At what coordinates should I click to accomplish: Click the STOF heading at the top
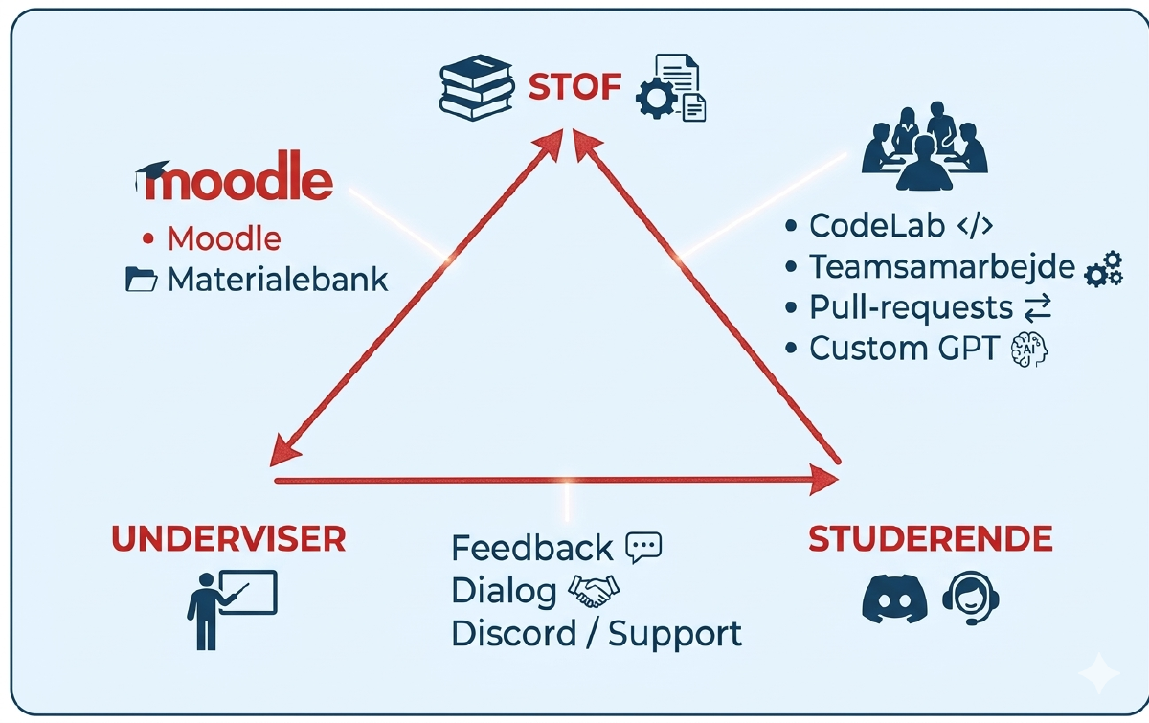(574, 88)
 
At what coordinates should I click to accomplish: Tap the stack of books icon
(475, 88)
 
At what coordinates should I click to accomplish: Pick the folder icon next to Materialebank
(142, 280)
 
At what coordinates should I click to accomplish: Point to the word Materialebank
(278, 280)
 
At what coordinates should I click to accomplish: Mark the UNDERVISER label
(228, 539)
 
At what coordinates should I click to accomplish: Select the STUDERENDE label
(930, 539)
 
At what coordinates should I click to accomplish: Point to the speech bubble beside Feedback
(642, 547)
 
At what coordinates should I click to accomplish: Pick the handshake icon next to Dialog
(594, 591)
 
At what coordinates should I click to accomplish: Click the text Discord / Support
(596, 634)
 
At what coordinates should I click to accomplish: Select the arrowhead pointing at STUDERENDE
(822, 479)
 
